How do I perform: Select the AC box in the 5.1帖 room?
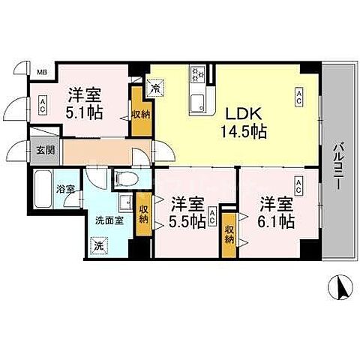43,103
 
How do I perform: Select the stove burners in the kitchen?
199,74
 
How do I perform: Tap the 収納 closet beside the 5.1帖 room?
140,114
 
